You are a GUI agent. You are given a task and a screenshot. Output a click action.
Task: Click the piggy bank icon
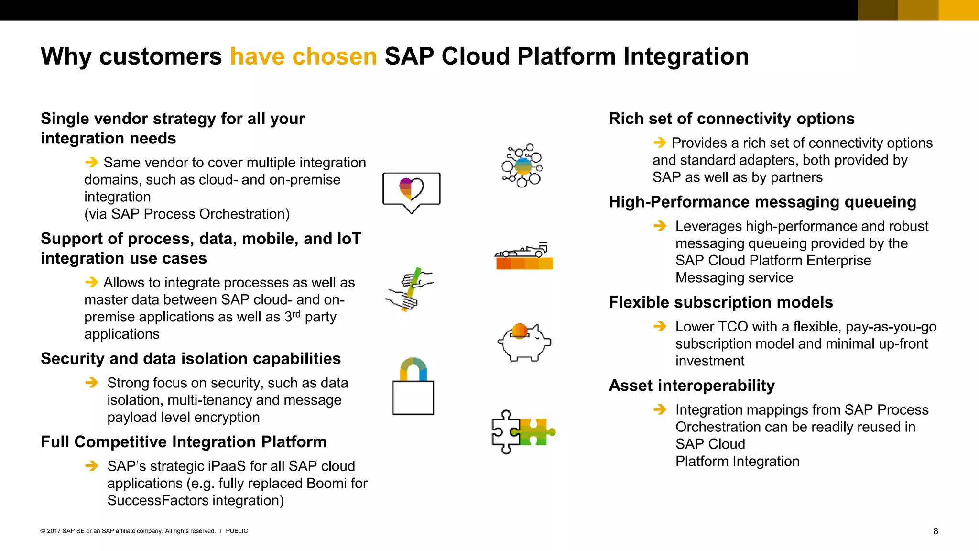pos(524,342)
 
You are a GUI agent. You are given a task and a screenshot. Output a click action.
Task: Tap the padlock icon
pos(413,387)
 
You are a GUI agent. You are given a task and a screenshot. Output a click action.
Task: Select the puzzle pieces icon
pos(523,431)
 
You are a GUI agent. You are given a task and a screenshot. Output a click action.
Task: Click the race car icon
pos(524,256)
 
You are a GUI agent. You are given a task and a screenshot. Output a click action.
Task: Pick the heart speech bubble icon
pos(411,191)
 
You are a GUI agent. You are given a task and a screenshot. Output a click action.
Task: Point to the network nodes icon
pos(522,166)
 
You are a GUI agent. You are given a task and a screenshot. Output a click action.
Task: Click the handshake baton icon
pos(410,289)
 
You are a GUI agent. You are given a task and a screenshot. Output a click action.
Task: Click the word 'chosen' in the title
pos(334,56)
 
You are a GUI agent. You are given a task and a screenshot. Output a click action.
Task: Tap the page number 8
pos(935,531)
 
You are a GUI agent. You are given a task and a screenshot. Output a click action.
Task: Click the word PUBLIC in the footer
pos(237,531)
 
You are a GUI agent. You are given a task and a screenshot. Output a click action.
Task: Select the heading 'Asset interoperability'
pos(691,386)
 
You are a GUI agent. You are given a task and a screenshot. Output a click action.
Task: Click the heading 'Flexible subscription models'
pos(720,302)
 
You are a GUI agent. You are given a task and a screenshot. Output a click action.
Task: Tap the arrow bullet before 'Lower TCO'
pos(660,327)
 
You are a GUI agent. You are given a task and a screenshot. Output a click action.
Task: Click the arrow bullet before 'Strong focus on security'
pos(91,383)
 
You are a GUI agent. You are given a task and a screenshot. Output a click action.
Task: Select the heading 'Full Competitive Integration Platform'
pos(184,442)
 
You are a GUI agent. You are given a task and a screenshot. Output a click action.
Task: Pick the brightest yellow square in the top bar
pos(958,10)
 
